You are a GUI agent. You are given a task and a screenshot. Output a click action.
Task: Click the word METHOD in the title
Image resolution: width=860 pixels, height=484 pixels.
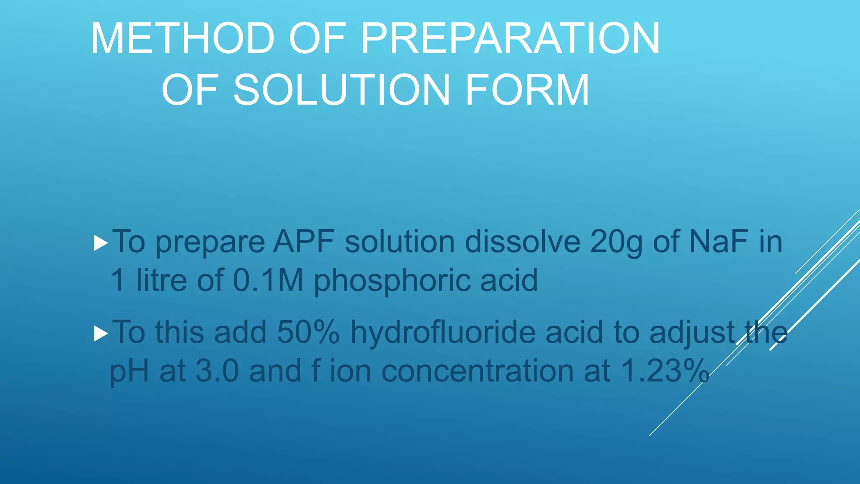[x=183, y=39]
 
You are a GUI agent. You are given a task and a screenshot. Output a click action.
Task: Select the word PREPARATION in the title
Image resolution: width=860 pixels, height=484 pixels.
[x=510, y=39]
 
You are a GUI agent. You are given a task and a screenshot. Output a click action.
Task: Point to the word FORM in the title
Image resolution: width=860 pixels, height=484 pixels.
[x=527, y=90]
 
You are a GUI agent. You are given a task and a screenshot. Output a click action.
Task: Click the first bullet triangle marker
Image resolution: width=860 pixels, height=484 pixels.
[x=101, y=243]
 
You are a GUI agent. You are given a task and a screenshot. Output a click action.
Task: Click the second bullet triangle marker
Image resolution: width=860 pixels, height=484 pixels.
[x=101, y=334]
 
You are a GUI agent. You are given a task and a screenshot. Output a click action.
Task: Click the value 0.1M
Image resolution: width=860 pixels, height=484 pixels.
[x=268, y=280]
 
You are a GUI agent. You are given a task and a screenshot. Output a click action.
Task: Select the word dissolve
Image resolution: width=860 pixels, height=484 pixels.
[x=522, y=242]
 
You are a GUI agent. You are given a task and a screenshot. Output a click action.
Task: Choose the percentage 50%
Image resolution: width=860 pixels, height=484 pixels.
[x=308, y=332]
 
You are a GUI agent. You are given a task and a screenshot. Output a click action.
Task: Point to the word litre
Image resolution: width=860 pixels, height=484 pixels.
[x=161, y=280]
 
